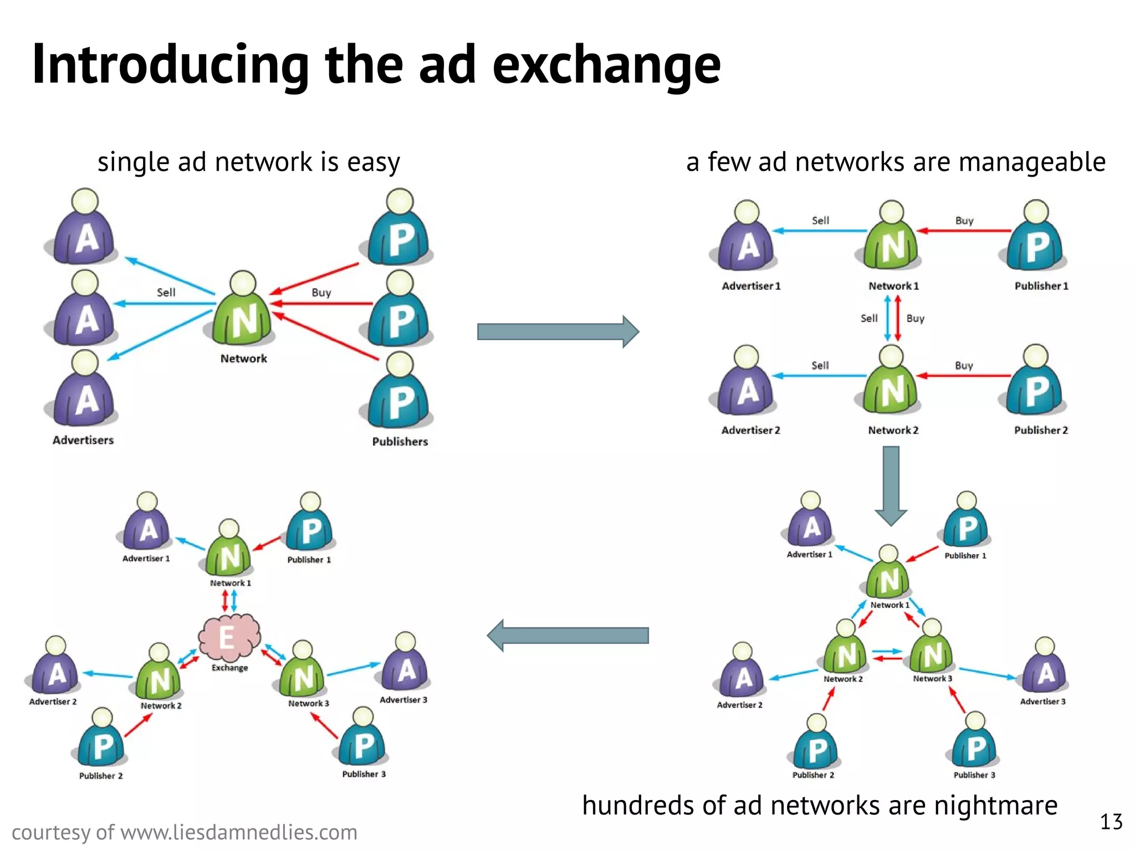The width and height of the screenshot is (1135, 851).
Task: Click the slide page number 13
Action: point(1111,822)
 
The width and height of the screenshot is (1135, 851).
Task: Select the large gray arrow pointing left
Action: point(567,635)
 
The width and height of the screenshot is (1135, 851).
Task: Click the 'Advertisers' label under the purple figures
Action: point(83,440)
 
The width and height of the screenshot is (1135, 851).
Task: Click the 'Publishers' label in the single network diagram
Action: point(400,442)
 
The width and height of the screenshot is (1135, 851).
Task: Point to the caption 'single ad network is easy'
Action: point(248,162)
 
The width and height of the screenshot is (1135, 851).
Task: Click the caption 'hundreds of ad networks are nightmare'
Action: point(819,805)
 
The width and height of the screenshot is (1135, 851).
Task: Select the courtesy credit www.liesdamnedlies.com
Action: point(184,832)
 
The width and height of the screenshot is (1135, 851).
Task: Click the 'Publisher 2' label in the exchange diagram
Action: point(101,776)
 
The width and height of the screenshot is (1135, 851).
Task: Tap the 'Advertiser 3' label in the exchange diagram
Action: point(403,700)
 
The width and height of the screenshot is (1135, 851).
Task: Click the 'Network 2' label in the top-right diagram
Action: point(893,430)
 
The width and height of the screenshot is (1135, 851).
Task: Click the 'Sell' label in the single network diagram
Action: point(166,293)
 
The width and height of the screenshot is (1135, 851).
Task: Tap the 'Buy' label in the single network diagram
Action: point(321,293)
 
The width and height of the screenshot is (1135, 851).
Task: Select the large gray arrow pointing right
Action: point(558,331)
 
